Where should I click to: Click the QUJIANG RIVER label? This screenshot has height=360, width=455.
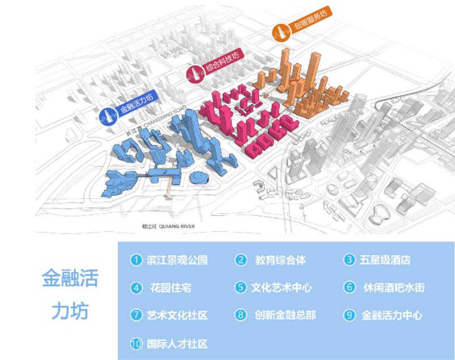[x=168, y=226]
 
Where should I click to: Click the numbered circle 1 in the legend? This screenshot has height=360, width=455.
[x=136, y=260]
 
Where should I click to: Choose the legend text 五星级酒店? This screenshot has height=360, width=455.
[x=385, y=260]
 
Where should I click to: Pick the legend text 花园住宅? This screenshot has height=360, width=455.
[x=170, y=288]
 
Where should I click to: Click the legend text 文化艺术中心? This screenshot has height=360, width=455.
[x=282, y=288]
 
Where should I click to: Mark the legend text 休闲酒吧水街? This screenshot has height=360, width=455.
[x=394, y=288]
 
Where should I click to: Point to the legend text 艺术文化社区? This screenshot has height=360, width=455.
[x=177, y=315]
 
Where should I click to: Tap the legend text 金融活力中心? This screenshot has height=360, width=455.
[x=392, y=315]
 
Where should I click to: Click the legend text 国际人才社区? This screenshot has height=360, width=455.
[x=177, y=344]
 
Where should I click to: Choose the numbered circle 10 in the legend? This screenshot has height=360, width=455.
[x=136, y=344]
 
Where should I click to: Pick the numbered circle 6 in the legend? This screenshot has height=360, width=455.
[x=350, y=288]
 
